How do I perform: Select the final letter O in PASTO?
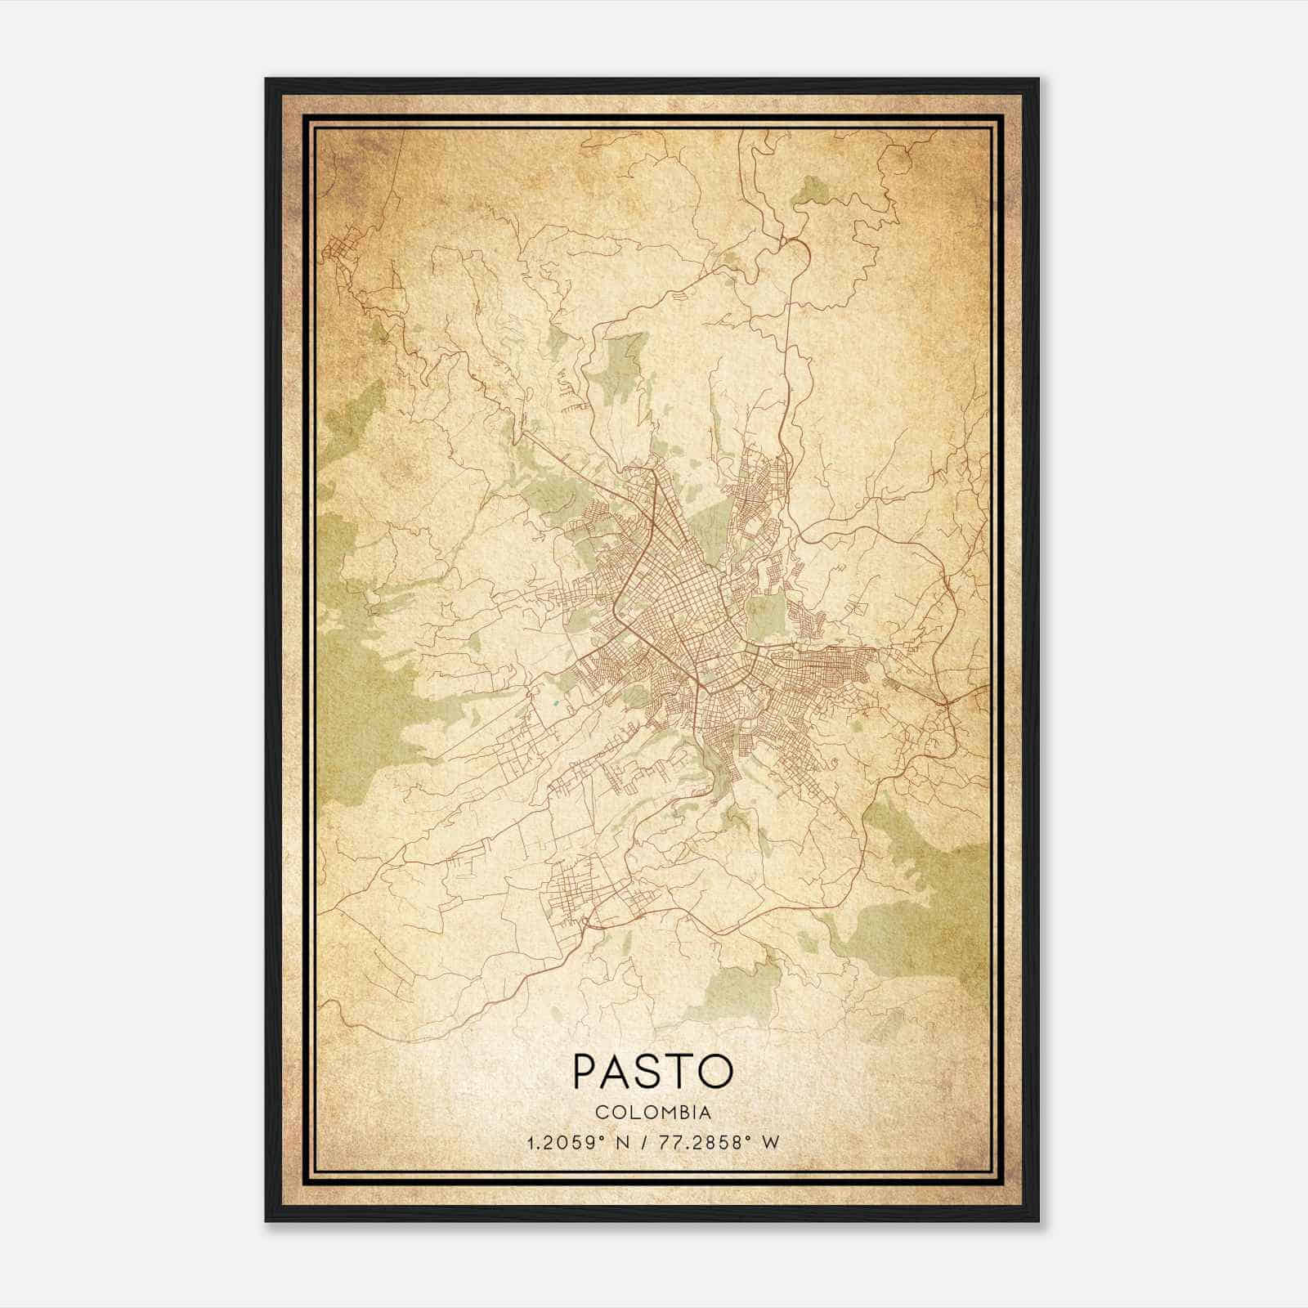(716, 1071)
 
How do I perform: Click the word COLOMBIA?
(653, 1113)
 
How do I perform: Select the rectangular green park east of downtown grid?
(764, 616)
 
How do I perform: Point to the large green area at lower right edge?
(932, 899)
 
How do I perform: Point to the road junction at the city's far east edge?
(944, 701)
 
